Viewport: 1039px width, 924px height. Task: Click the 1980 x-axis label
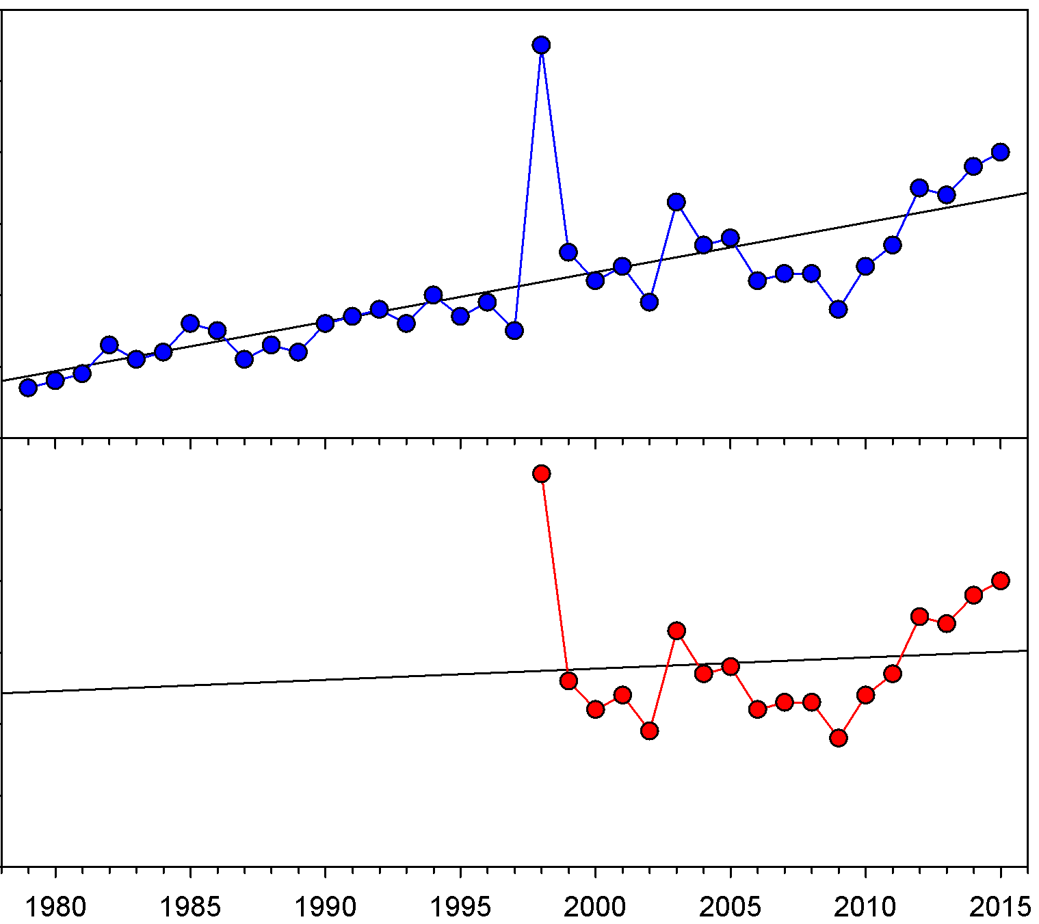click(55, 907)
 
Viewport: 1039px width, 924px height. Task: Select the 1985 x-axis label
click(190, 907)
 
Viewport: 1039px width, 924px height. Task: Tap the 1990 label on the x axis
click(325, 907)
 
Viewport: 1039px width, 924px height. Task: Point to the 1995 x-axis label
click(460, 907)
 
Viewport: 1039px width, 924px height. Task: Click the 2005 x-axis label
click(731, 907)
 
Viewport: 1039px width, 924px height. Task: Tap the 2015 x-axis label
click(1000, 907)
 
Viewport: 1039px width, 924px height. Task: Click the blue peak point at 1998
click(541, 45)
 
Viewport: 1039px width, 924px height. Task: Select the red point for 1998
click(541, 473)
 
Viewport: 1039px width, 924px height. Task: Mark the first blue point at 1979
click(28, 388)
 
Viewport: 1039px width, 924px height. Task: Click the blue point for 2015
click(1000, 152)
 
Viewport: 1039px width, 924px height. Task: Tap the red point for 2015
click(1000, 581)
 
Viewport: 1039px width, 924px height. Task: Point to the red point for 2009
click(839, 738)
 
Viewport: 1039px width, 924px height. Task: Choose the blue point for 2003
click(676, 202)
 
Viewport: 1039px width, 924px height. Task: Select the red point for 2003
click(676, 631)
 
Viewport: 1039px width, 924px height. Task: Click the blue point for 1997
click(514, 330)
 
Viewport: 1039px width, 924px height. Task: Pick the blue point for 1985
click(190, 324)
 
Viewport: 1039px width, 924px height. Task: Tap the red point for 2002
click(650, 730)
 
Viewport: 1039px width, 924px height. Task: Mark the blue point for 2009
click(839, 309)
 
